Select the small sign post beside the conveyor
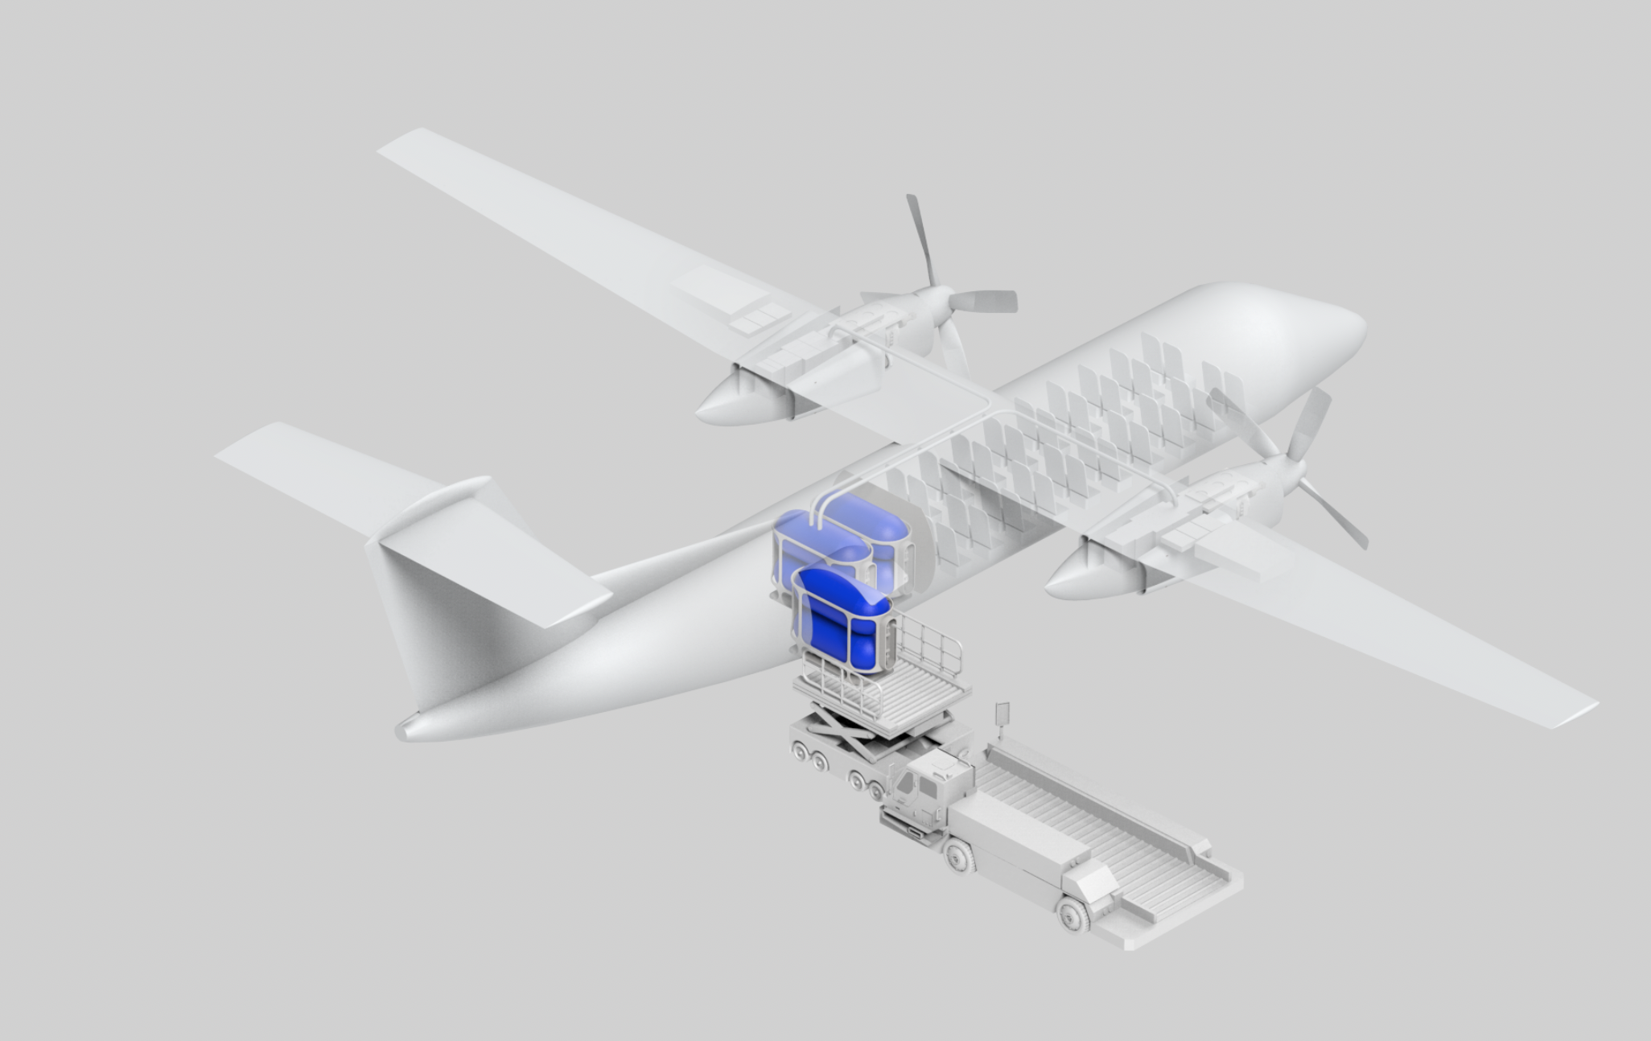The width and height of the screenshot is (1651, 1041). coord(1003,716)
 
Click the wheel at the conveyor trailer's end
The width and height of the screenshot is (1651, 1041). coord(1074,913)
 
